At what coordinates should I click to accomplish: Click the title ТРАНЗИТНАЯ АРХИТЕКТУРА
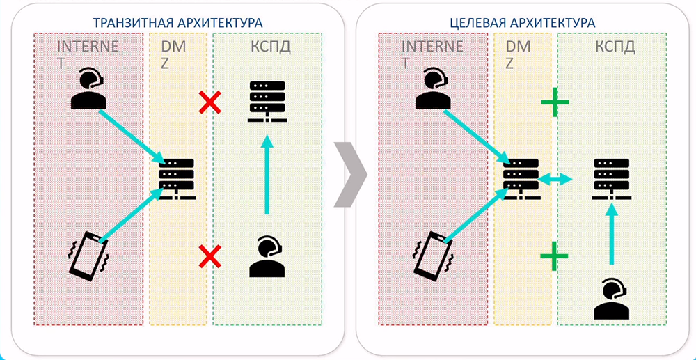click(172, 22)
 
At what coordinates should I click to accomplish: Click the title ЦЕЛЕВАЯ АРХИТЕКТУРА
click(522, 22)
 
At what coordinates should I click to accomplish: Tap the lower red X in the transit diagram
click(210, 257)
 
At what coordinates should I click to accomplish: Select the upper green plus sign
click(555, 102)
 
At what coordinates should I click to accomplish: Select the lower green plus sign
click(555, 256)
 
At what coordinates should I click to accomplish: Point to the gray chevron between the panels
click(349, 175)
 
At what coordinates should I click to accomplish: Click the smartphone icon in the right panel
click(433, 257)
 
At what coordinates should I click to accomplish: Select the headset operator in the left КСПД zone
click(267, 257)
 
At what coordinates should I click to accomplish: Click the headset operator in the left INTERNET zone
click(89, 89)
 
